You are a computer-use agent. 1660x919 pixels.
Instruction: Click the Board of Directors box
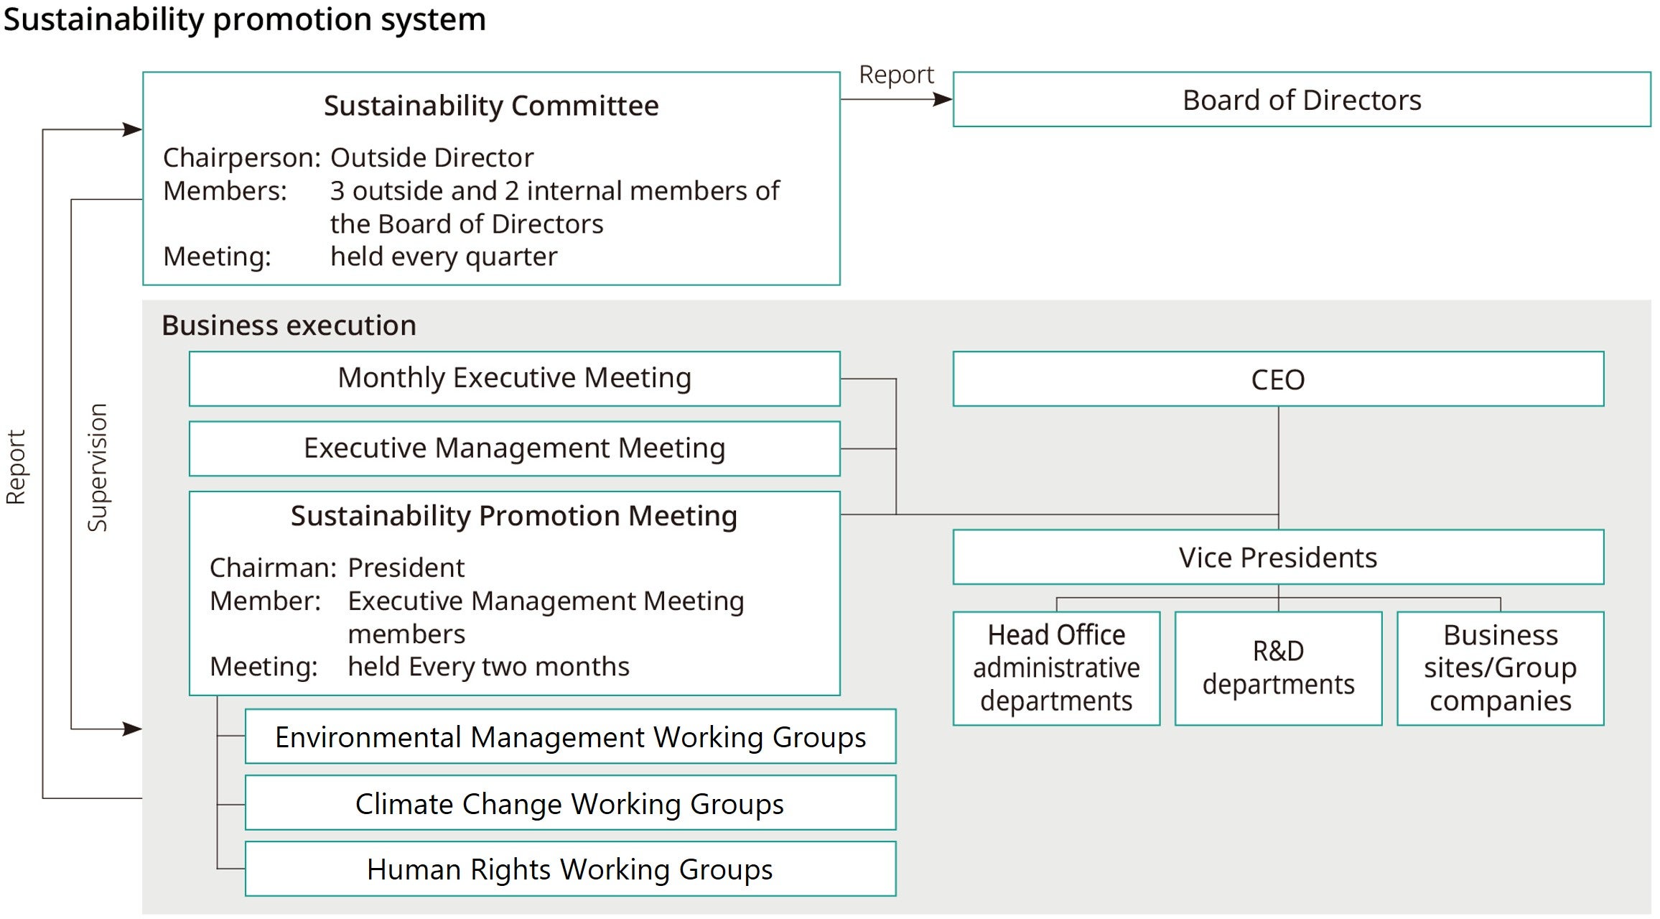point(1301,100)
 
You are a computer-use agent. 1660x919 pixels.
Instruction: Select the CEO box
point(1277,379)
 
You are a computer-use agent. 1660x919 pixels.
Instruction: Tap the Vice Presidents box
point(1277,558)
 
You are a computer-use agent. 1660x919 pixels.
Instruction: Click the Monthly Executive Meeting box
point(514,378)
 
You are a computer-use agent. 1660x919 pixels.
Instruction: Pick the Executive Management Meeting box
point(514,448)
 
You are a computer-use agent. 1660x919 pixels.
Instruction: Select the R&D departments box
point(1278,668)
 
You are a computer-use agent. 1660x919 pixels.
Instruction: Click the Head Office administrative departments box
point(1056,668)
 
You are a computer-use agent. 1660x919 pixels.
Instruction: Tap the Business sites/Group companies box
point(1500,668)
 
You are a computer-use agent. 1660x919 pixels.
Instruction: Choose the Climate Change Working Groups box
point(570,803)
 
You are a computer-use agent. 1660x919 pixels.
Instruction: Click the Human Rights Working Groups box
point(570,869)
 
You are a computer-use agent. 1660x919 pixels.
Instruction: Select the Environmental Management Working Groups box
point(570,737)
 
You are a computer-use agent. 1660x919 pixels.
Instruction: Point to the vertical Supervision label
point(97,467)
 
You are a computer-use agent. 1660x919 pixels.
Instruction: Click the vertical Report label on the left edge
point(16,467)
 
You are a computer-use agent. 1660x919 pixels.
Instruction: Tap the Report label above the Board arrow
point(896,75)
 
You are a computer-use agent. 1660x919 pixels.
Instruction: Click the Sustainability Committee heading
point(491,106)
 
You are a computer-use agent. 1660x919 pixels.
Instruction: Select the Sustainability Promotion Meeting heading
point(514,516)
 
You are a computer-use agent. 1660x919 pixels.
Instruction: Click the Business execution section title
point(289,325)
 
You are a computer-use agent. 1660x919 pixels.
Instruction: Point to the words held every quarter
point(444,257)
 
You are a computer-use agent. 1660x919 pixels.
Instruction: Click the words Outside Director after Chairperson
point(432,157)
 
